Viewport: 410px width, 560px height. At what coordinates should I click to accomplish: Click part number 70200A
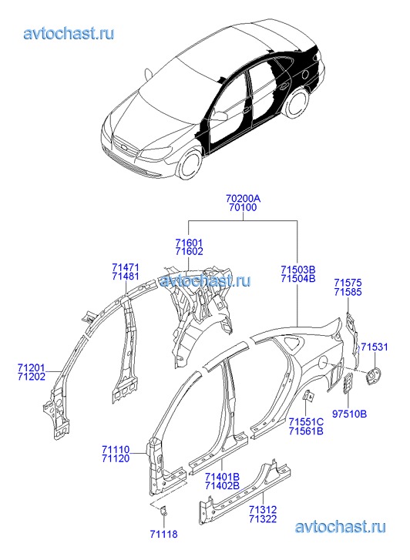pyautogui.click(x=243, y=198)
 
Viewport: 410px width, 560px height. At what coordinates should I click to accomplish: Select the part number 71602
pyautogui.click(x=189, y=251)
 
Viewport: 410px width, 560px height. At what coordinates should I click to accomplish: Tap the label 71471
pyautogui.click(x=126, y=267)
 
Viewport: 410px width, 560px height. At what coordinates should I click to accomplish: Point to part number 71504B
pyautogui.click(x=298, y=278)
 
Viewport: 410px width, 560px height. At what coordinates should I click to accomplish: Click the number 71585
pyautogui.click(x=348, y=292)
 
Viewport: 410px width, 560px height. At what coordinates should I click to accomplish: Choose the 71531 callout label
pyautogui.click(x=374, y=347)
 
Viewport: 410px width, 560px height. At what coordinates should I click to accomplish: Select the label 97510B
pyautogui.click(x=349, y=414)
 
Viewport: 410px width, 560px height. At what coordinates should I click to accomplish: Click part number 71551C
pyautogui.click(x=306, y=422)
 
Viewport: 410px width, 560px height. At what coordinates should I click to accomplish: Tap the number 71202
pyautogui.click(x=32, y=377)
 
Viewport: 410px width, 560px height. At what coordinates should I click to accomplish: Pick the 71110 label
pyautogui.click(x=116, y=449)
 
